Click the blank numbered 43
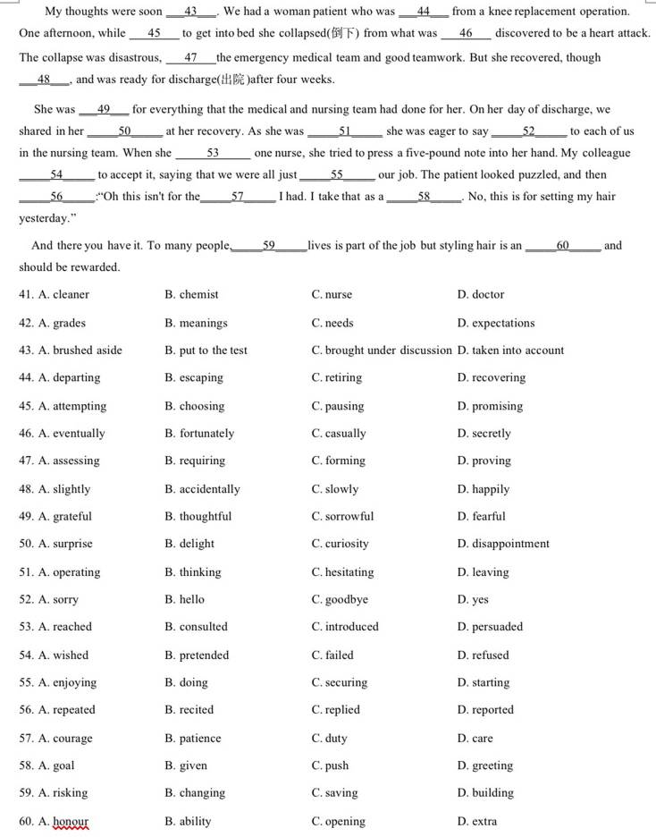point(191,12)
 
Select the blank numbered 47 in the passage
point(190,57)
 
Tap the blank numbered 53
point(213,153)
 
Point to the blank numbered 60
point(562,245)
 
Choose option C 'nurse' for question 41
point(338,294)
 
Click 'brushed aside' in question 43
point(87,350)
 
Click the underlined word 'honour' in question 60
point(71,821)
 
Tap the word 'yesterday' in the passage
point(44,218)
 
